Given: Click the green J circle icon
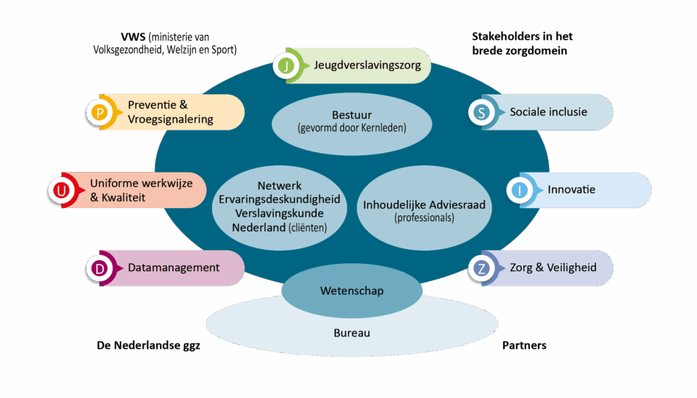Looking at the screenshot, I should pos(287,67).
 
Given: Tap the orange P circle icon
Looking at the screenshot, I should pos(99,112).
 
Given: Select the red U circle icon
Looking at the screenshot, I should pos(61,191).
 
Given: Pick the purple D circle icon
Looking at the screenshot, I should pos(100,268).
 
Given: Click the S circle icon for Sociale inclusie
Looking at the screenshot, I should pos(481,112).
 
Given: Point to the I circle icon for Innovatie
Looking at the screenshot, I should pos(520,191).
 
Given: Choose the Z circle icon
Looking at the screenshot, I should pos(481,268).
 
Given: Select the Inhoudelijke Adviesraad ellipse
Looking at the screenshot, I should pos(424,210).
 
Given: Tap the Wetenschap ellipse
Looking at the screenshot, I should pos(351,291).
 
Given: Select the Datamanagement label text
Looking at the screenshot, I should pos(174,268).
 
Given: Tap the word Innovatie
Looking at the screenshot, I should pos(571,190).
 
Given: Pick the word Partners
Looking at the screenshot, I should pos(524,345).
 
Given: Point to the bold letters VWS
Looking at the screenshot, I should pos(134,37).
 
